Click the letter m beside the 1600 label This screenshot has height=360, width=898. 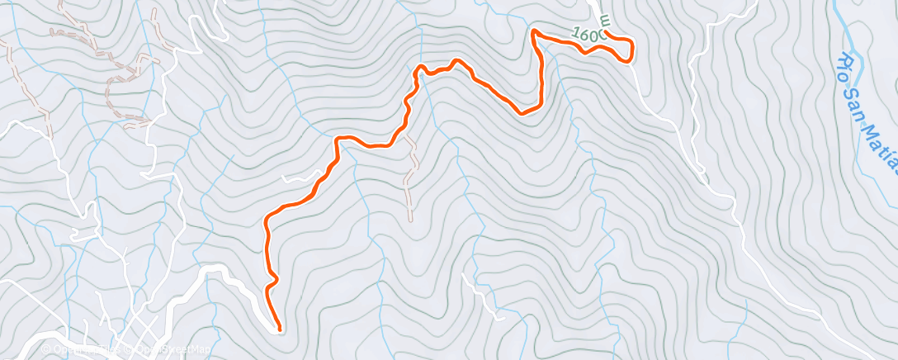coord(604,18)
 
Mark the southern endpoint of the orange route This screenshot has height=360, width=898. coord(279,329)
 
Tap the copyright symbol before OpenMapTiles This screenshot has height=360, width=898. coord(45,350)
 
